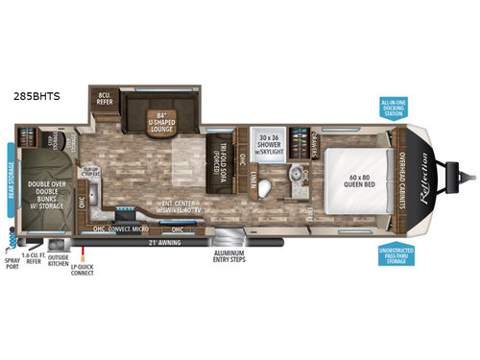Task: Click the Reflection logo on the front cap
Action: pyautogui.click(x=420, y=179)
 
